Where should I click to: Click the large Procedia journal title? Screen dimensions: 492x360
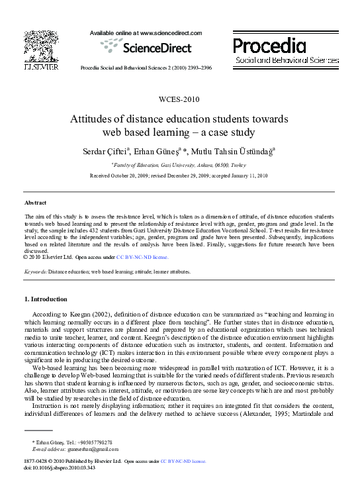tap(269, 46)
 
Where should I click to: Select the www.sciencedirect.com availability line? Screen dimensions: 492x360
tap(146, 32)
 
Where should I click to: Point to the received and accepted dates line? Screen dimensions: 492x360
tap(179, 175)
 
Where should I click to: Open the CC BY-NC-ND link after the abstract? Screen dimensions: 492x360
tap(142, 257)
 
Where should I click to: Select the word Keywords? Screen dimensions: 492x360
tap(34, 271)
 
